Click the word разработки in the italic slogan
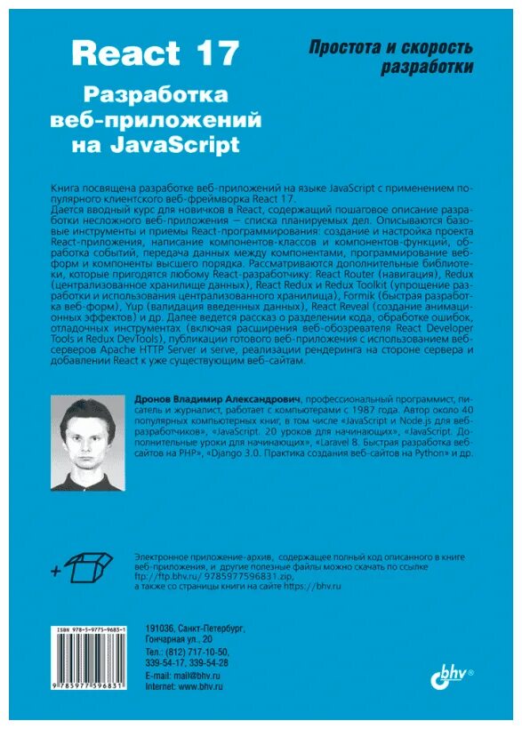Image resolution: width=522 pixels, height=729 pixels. click(x=427, y=68)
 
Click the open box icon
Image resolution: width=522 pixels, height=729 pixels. click(x=90, y=564)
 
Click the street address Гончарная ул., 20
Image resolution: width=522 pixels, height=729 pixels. click(x=185, y=639)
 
